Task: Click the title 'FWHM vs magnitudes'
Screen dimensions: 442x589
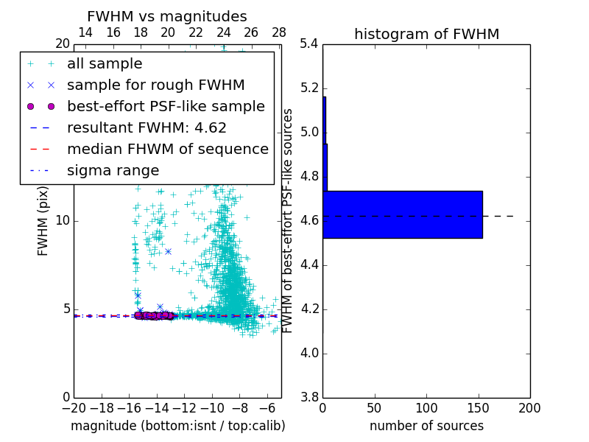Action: (167, 16)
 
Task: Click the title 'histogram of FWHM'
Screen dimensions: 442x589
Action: (426, 34)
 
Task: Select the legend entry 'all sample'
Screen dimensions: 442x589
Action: (105, 63)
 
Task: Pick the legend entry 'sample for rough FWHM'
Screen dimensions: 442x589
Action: (155, 85)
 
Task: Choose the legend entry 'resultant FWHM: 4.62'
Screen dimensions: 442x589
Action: (147, 127)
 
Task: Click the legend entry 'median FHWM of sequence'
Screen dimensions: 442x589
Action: (167, 149)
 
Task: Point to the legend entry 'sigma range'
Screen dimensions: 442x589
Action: (113, 170)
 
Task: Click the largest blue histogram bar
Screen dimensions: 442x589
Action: (402, 214)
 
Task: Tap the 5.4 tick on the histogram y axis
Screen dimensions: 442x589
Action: (309, 44)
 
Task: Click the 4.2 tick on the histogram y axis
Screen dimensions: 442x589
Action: (309, 309)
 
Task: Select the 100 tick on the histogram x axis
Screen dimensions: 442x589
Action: (426, 407)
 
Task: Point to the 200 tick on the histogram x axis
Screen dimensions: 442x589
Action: (529, 407)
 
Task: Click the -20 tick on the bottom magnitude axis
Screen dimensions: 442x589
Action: (74, 407)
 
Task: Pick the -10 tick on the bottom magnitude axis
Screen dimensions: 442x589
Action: (212, 407)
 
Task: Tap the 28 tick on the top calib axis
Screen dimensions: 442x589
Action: (279, 32)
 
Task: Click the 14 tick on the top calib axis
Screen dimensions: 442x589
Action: (85, 32)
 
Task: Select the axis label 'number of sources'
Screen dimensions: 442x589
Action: (426, 426)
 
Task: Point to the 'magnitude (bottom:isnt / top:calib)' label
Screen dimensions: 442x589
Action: (177, 426)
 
